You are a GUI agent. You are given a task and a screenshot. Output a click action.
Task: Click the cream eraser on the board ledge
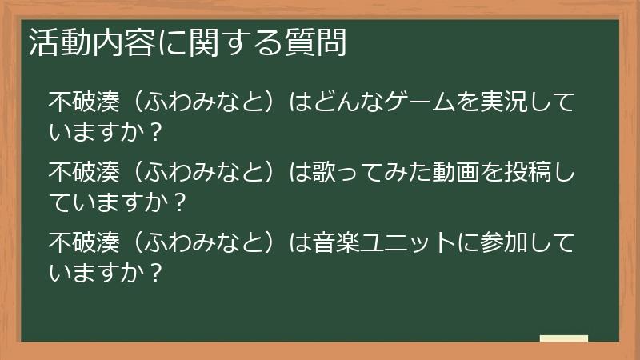[563, 338]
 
